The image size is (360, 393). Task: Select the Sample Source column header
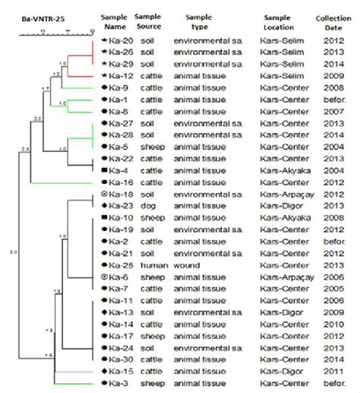[x=147, y=22]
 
